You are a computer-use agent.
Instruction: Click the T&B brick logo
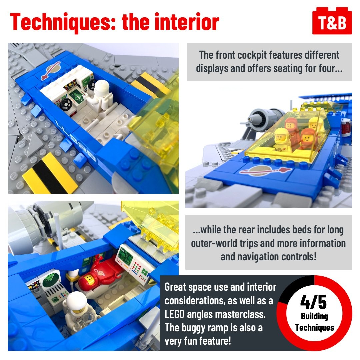(332, 21)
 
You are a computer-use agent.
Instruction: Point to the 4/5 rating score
(313, 302)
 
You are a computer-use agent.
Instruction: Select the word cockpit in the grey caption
(252, 55)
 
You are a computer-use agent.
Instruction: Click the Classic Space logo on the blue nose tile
(265, 171)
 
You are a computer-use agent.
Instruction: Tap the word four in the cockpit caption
(331, 68)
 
